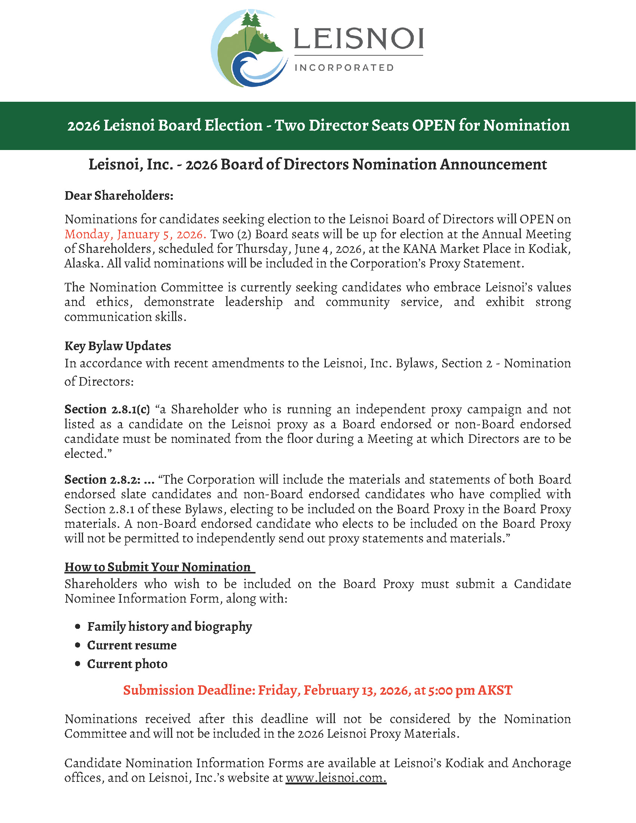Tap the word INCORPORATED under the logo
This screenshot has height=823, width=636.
point(344,68)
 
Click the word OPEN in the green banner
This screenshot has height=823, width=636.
point(433,125)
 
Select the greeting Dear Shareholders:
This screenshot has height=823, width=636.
point(119,196)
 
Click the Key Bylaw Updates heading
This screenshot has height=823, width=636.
point(117,346)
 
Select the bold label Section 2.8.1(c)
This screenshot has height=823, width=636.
point(107,409)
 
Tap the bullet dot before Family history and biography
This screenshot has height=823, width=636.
point(77,627)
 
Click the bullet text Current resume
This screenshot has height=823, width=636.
point(132,645)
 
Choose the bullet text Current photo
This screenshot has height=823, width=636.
point(127,664)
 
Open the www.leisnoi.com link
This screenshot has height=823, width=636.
point(336,778)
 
